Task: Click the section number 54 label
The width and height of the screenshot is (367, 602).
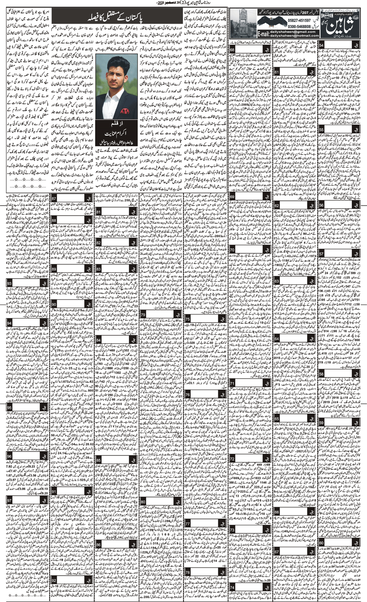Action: click(321, 44)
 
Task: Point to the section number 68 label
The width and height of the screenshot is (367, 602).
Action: click(233, 50)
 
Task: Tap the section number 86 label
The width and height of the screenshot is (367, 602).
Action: click(99, 531)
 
